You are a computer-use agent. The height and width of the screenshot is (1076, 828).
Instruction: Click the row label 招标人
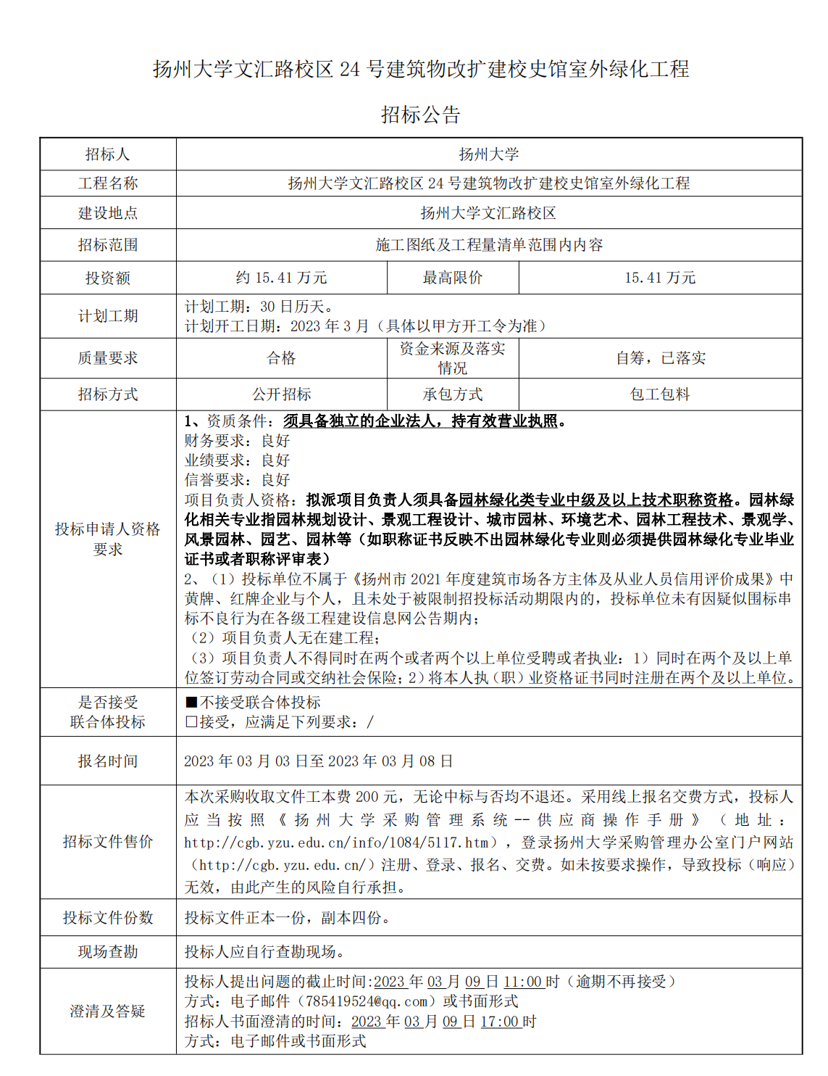coord(107,154)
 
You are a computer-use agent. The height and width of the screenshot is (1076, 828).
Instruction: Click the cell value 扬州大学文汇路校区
coord(488,213)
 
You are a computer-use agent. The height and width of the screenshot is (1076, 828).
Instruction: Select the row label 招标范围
coord(107,245)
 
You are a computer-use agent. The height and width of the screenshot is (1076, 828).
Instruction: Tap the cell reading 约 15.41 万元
coord(281,278)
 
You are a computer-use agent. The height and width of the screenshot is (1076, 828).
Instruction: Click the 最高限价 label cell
coord(453,278)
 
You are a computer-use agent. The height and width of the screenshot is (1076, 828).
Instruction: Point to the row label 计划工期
coord(107,316)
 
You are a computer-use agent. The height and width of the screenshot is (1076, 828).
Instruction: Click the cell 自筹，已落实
coord(660,358)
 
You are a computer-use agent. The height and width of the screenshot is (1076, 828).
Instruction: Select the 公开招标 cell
coord(281,394)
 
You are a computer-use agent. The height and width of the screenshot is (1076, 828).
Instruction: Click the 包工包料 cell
coord(660,394)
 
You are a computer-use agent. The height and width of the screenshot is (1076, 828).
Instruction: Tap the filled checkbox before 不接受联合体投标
coord(191,703)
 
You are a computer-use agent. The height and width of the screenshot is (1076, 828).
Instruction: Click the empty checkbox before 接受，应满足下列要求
coord(191,722)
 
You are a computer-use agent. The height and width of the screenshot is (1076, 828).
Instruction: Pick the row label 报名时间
coord(107,761)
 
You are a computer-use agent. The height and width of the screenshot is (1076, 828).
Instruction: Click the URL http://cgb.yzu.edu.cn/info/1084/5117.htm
coord(337,843)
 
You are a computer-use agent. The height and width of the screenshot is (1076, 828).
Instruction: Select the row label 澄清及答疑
coord(107,1011)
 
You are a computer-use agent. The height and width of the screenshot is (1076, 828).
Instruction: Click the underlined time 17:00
coord(500,1022)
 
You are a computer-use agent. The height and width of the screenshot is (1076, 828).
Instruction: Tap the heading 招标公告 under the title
coord(421,115)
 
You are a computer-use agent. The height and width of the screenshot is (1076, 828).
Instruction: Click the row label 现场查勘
coord(107,952)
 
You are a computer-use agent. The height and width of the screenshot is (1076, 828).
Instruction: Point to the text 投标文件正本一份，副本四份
coord(287,918)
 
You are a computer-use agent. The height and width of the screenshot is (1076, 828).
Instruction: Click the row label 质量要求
coord(107,358)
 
